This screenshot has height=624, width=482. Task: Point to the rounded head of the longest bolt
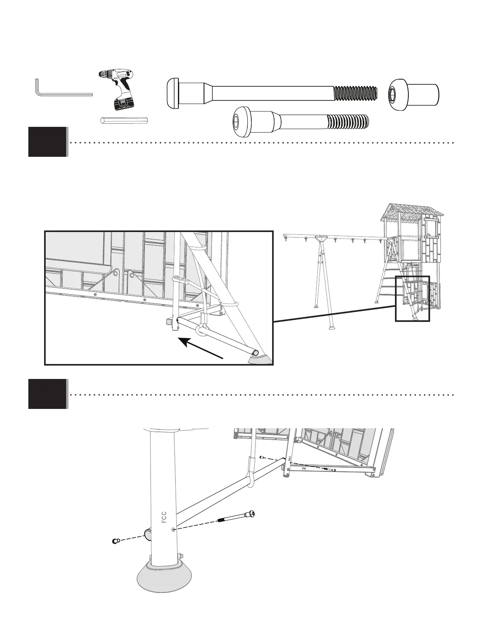pos(173,93)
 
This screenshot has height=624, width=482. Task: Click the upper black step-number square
pos(47,142)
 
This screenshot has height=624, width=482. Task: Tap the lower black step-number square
pos(47,394)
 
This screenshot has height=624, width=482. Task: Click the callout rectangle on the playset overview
pos(412,299)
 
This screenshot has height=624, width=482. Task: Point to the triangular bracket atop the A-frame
pos(322,239)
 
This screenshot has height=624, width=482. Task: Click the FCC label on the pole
pos(165,517)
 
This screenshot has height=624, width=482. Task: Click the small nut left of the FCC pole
pos(115,541)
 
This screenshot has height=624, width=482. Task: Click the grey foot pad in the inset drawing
pos(260,360)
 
